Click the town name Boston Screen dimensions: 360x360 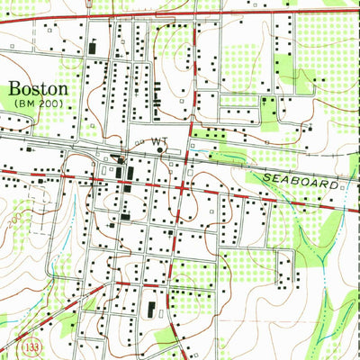pos(38,90)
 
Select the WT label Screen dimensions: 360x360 pos(159,141)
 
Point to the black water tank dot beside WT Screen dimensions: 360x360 pos(159,150)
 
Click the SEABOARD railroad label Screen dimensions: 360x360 pos(301,183)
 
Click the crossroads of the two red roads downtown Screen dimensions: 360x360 pos(184,188)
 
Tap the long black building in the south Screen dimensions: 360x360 pos(151,311)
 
